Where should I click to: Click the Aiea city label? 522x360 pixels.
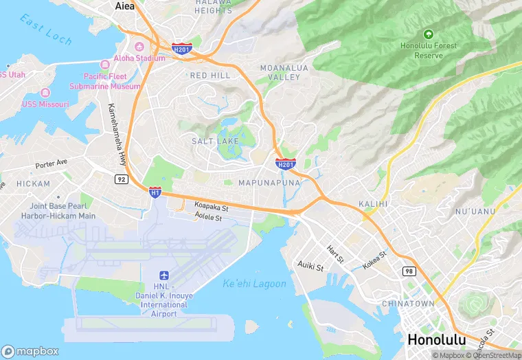coord(124,5)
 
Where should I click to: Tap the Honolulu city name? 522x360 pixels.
coord(436,339)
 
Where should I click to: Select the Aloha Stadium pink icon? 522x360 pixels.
coord(139,47)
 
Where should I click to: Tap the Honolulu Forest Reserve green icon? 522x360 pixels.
coord(429,34)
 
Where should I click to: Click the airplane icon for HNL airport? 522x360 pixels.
coord(163,275)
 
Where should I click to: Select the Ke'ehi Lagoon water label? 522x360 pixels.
coord(254,284)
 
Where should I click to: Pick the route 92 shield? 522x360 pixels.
coord(122,179)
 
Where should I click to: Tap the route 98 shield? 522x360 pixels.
coord(409,272)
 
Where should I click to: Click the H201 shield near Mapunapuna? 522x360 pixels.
coord(286,164)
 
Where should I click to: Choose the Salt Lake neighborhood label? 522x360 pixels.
coord(215,141)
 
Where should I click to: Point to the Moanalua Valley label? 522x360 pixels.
coord(280,72)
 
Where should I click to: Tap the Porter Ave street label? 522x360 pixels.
coord(52,164)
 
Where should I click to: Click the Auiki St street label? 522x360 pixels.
coord(310,265)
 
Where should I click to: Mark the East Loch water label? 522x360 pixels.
coord(46,30)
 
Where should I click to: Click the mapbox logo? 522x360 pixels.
coord(30,350)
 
